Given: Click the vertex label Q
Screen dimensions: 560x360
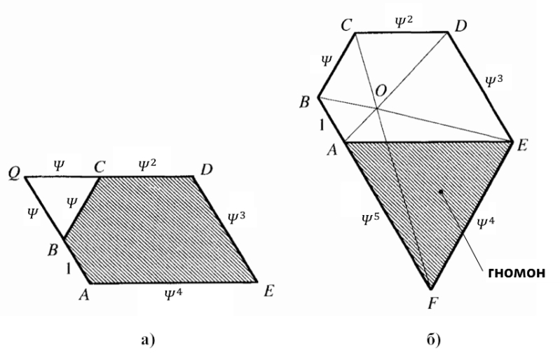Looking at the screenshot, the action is (x=14, y=174).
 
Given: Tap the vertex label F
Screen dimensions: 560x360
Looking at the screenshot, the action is (x=432, y=304).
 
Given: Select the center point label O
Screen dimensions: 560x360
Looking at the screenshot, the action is (x=381, y=91).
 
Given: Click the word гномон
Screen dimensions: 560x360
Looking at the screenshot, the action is (x=517, y=272).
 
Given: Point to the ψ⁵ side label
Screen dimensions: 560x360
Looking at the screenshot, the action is (x=370, y=219).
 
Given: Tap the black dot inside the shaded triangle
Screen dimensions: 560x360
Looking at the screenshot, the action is (x=441, y=192).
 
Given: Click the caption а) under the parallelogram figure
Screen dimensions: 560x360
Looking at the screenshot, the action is (x=148, y=339).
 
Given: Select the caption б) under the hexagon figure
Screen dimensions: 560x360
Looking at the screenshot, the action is (x=434, y=339).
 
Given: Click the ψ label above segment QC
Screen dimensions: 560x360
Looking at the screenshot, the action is (x=59, y=165).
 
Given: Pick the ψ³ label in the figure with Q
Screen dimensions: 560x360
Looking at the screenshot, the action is (x=237, y=217).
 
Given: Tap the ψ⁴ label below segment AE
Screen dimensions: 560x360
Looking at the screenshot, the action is (x=173, y=294).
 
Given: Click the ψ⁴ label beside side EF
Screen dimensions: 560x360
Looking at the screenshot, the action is (x=486, y=223).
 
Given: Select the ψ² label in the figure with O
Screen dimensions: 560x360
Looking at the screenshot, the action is (x=404, y=22).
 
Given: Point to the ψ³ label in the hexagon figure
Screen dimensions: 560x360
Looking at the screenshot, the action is (x=494, y=81).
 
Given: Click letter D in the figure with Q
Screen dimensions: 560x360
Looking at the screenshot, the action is (x=207, y=169).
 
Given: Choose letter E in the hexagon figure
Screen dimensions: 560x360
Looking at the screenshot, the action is (x=522, y=146).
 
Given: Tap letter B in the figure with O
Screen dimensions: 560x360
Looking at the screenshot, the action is (x=304, y=102).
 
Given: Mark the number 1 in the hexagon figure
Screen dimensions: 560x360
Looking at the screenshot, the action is (x=322, y=125).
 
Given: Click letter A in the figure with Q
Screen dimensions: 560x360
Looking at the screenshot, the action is (x=84, y=295).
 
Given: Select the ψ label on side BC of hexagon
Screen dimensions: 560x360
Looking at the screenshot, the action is (x=327, y=61).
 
